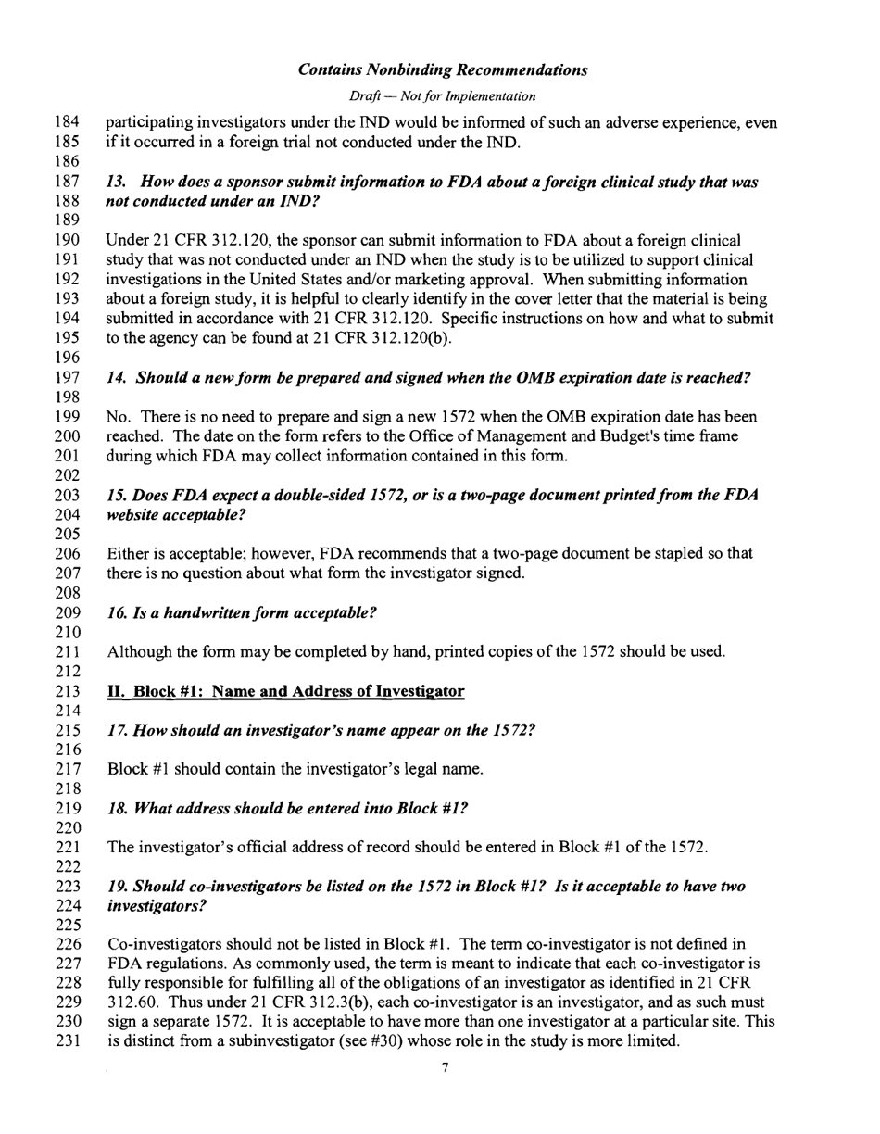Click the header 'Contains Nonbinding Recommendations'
[x=444, y=70]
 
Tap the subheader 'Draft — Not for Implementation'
[x=443, y=96]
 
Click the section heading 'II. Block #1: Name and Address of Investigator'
[x=286, y=692]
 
